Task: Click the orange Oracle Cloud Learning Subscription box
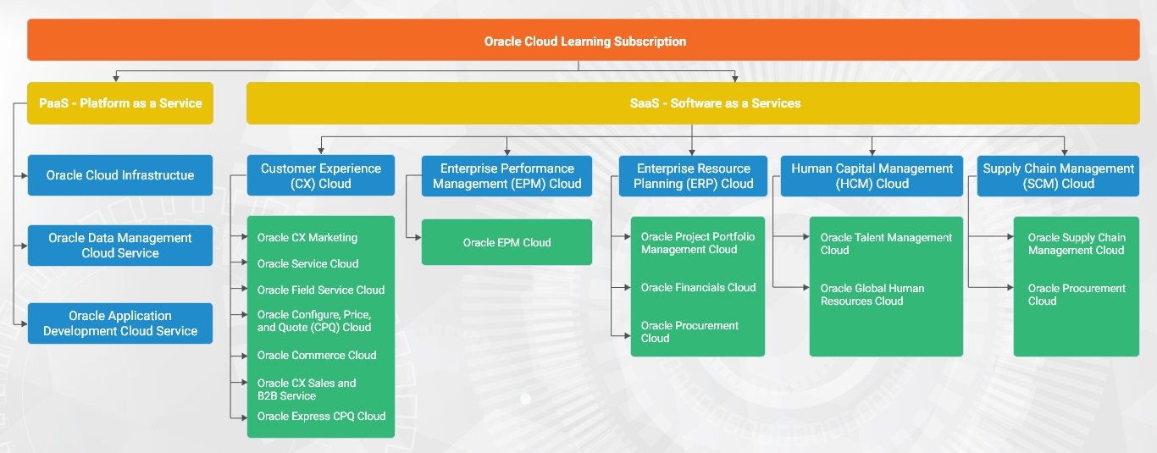tap(583, 40)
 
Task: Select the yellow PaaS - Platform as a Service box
tap(120, 103)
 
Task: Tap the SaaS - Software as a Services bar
tap(693, 103)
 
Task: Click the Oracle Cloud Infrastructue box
tap(120, 175)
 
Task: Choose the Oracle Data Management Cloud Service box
tap(120, 246)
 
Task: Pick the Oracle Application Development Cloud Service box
tap(120, 323)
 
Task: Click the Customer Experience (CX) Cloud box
tap(321, 175)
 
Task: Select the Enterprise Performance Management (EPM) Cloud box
tap(507, 176)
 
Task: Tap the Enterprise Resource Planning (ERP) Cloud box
tap(693, 176)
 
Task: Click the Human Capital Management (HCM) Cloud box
tap(872, 176)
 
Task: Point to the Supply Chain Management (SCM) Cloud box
tap(1058, 176)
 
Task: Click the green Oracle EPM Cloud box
tap(507, 242)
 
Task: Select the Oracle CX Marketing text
tap(307, 238)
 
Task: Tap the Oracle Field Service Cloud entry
tap(321, 290)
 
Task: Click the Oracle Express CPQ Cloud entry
tap(321, 417)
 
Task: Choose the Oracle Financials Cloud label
tap(698, 287)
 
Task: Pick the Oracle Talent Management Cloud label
tap(886, 244)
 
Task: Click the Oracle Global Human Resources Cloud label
tap(872, 295)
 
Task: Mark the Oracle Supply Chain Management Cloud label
tap(1077, 244)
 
